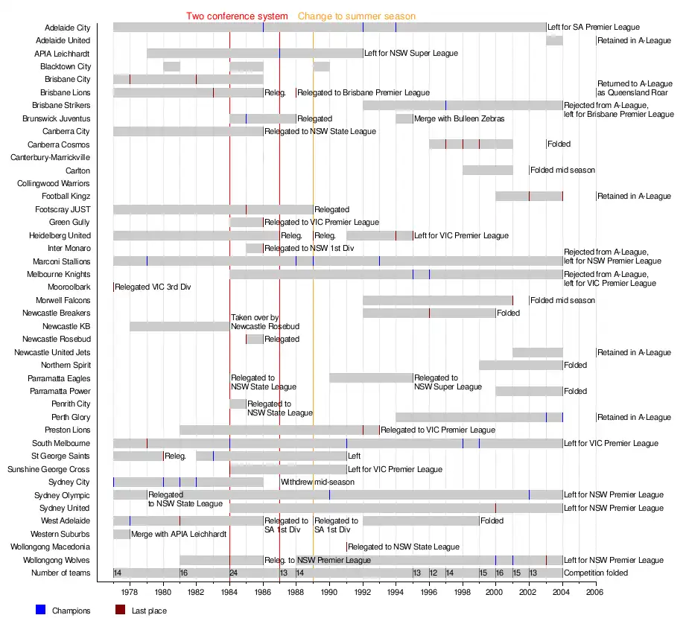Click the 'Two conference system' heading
pyautogui.click(x=237, y=16)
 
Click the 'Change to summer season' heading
pyautogui.click(x=357, y=16)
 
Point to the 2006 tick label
pyautogui.click(x=595, y=593)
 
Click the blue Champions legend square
pyautogui.click(x=40, y=611)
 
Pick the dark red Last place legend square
pyautogui.click(x=121, y=611)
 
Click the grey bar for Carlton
pyautogui.click(x=487, y=171)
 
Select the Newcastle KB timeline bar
pyautogui.click(x=179, y=326)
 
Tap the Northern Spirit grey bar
pyautogui.click(x=520, y=366)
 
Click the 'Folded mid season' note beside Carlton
pyautogui.click(x=562, y=171)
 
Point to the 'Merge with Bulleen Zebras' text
pyautogui.click(x=460, y=119)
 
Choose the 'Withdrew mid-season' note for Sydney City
pyautogui.click(x=317, y=482)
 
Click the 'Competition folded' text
pyautogui.click(x=596, y=573)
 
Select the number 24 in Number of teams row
pyautogui.click(x=234, y=573)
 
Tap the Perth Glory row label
pyautogui.click(x=71, y=418)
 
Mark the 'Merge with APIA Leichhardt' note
pyautogui.click(x=178, y=535)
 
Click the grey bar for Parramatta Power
pyautogui.click(x=529, y=392)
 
